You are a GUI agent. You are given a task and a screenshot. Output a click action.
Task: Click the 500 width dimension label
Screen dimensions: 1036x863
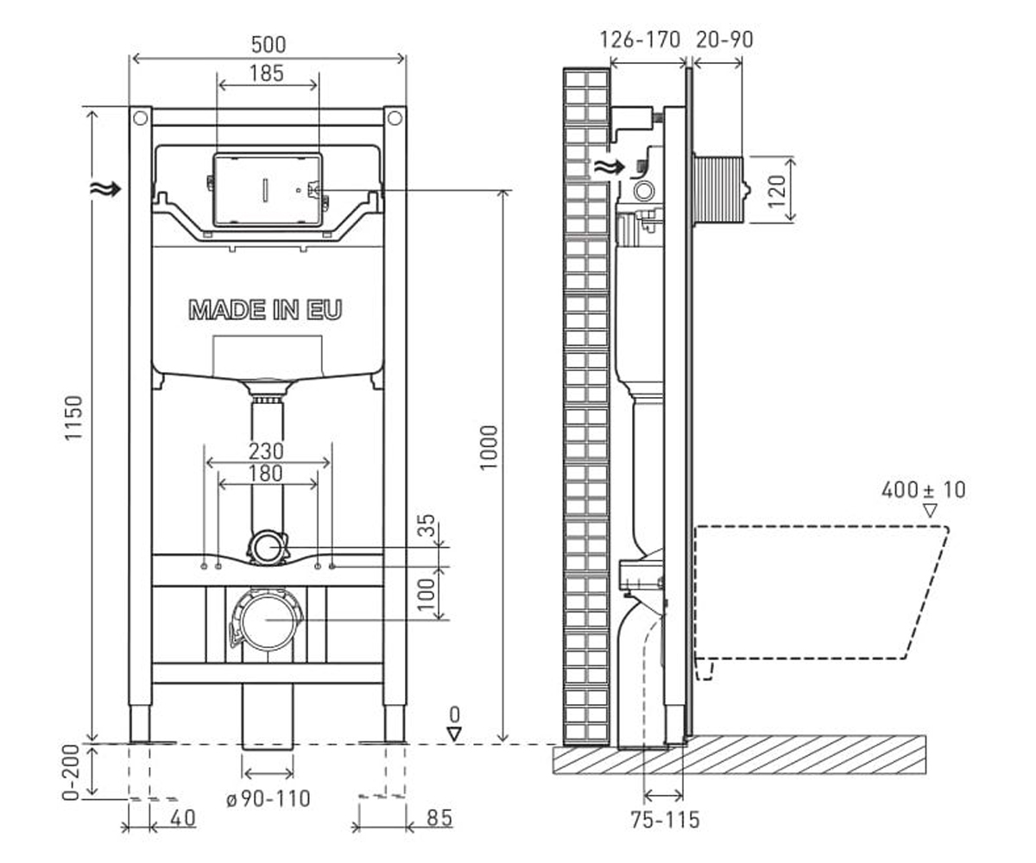click(x=268, y=45)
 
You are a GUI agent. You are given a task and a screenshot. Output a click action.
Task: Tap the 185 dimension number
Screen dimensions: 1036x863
click(x=267, y=73)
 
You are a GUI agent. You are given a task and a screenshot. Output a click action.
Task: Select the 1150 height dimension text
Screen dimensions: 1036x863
click(x=73, y=418)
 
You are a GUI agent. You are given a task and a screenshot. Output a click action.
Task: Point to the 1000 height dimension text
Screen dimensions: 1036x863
click(x=489, y=447)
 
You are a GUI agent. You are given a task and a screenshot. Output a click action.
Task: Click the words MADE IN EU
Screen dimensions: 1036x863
click(x=266, y=310)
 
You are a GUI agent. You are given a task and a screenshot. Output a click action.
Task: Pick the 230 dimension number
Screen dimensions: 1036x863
click(x=267, y=451)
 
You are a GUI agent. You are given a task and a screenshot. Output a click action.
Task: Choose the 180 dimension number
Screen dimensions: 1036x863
click(x=267, y=473)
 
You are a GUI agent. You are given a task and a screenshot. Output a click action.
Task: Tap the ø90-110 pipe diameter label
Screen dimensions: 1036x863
click(x=268, y=799)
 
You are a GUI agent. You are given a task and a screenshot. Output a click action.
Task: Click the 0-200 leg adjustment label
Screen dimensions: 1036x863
click(x=72, y=772)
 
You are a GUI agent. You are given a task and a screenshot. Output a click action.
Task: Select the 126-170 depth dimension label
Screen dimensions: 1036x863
click(x=640, y=40)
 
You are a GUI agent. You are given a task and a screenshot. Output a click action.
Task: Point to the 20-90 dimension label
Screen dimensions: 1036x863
click(x=724, y=40)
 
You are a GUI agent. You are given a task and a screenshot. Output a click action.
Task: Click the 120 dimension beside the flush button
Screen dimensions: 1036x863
click(x=777, y=192)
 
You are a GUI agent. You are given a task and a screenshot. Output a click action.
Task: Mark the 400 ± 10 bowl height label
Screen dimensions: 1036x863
click(x=924, y=490)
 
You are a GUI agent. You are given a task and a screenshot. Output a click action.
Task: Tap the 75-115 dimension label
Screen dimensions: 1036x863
click(x=666, y=819)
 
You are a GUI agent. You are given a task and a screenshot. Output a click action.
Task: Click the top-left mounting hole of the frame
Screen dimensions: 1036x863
click(x=141, y=118)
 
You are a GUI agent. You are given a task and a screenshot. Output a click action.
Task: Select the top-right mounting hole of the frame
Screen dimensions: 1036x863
click(x=395, y=118)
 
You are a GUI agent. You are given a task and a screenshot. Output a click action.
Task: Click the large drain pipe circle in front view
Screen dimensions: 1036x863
click(x=242, y=620)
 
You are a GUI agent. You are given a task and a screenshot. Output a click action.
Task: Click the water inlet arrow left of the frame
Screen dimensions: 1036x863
click(x=105, y=188)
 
